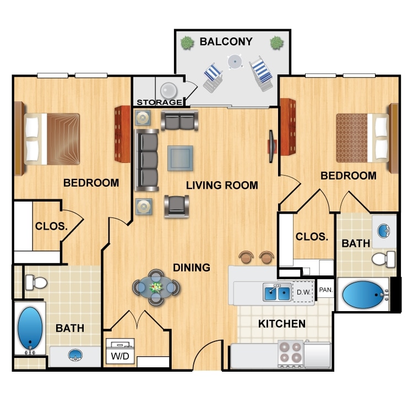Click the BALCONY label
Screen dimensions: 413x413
(x=226, y=41)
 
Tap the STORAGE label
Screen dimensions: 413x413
(x=159, y=102)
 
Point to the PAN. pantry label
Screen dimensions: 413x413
(x=325, y=289)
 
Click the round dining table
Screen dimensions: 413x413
(x=156, y=287)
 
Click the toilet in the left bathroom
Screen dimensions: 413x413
(x=36, y=283)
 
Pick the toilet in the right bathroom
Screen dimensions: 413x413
(x=384, y=258)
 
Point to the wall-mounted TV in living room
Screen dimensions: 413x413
(x=271, y=146)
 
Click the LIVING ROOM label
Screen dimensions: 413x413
(x=222, y=186)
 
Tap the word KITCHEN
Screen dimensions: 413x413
(x=282, y=324)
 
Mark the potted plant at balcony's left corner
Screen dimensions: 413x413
(x=188, y=42)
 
